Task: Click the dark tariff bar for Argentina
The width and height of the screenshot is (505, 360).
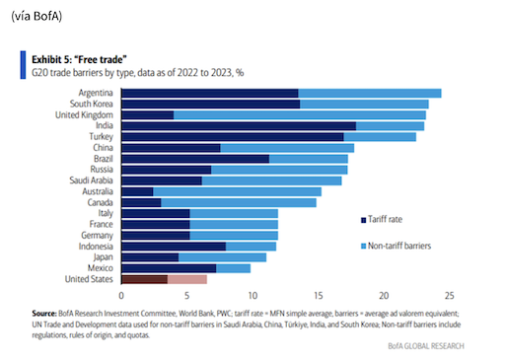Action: coord(210,94)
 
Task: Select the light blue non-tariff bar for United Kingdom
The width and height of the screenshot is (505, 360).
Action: coord(300,115)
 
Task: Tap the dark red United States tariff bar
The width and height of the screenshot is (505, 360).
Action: coord(145,279)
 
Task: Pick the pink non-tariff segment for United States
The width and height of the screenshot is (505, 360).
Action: coord(187,279)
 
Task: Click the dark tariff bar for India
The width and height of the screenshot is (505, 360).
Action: coord(239,126)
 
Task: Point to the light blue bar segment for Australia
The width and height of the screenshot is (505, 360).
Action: coord(237,191)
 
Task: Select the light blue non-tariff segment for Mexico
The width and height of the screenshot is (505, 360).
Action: coord(233,268)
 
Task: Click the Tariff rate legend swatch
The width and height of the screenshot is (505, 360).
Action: coord(363,220)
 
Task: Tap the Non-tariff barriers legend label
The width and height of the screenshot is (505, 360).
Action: coord(399,246)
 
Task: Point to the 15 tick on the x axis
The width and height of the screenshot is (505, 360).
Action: coord(318,296)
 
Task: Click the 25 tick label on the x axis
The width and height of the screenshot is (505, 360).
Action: coord(449,296)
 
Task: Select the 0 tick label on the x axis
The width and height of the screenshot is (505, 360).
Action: coord(121,296)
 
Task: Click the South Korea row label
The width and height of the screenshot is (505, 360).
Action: coord(91,104)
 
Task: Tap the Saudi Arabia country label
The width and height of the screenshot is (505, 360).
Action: coord(91,180)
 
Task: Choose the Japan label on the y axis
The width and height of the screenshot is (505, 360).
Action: coord(103,257)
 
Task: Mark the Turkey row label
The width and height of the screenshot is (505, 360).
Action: coord(101,137)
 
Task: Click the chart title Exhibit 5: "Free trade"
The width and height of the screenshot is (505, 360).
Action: coord(79,59)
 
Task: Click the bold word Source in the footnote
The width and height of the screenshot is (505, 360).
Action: coord(44,314)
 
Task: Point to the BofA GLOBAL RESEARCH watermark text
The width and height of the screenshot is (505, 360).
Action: coord(426,346)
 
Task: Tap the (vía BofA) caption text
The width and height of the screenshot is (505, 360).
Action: coord(36,16)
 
